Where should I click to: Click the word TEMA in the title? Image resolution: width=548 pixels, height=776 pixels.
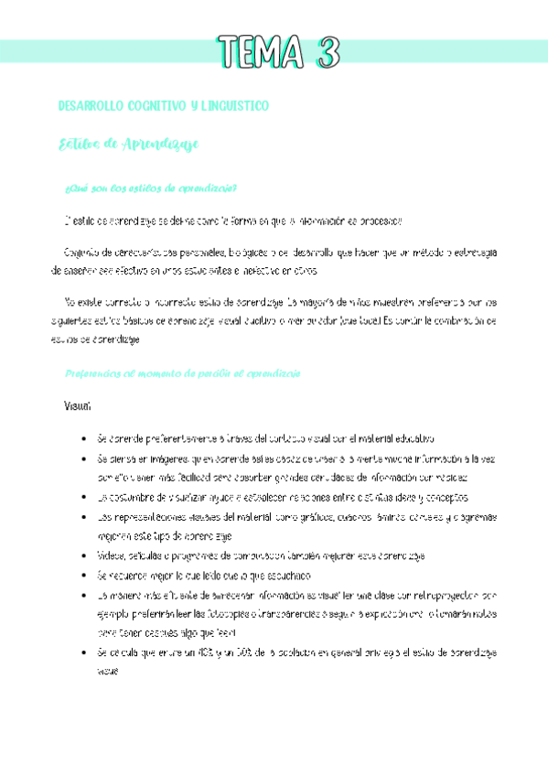click(259, 52)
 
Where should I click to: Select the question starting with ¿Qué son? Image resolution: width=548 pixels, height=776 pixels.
click(152, 189)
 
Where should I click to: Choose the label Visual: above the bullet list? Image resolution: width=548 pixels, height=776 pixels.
click(78, 405)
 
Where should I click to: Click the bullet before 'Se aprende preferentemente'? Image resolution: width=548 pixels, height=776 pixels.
click(84, 439)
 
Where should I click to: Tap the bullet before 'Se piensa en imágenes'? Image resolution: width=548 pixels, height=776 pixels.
click(84, 458)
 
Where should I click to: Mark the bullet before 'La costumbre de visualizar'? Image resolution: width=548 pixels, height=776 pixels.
click(84, 498)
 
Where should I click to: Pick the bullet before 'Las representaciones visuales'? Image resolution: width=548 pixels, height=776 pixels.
click(84, 517)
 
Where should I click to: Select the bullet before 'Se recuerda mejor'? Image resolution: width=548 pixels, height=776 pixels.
click(84, 576)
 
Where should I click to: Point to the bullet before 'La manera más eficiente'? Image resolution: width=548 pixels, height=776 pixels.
click(84, 595)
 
